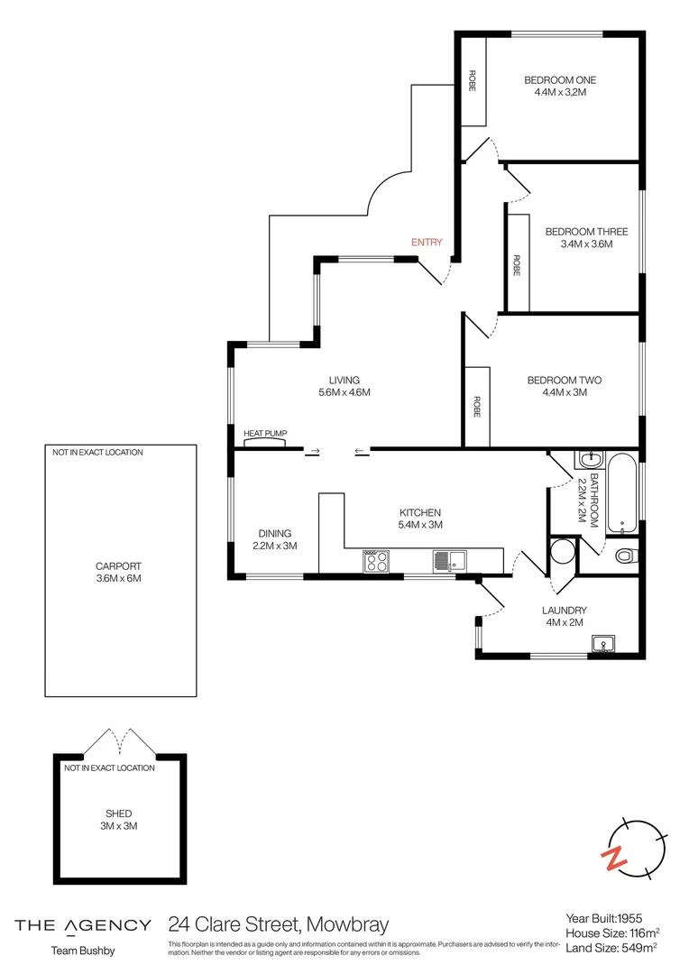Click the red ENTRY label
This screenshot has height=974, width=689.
pyautogui.click(x=427, y=242)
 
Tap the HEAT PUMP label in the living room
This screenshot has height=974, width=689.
pyautogui.click(x=265, y=434)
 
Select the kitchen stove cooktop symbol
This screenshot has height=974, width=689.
pyautogui.click(x=376, y=562)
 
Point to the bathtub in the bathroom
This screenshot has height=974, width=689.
pyautogui.click(x=621, y=493)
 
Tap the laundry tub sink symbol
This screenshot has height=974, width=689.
pyautogui.click(x=603, y=643)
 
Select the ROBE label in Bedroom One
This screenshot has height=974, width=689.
pyautogui.click(x=472, y=81)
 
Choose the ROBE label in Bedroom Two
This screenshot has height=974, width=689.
pyautogui.click(x=475, y=407)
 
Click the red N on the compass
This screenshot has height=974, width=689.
pyautogui.click(x=615, y=858)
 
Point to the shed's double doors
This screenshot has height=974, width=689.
pyautogui.click(x=121, y=741)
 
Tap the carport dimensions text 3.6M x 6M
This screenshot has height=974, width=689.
pyautogui.click(x=119, y=578)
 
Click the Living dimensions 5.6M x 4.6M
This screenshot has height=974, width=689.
pyautogui.click(x=344, y=392)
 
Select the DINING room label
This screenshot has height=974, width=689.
pyautogui.click(x=275, y=533)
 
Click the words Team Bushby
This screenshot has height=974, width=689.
pyautogui.click(x=82, y=951)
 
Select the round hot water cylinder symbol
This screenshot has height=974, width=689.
pyautogui.click(x=563, y=551)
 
